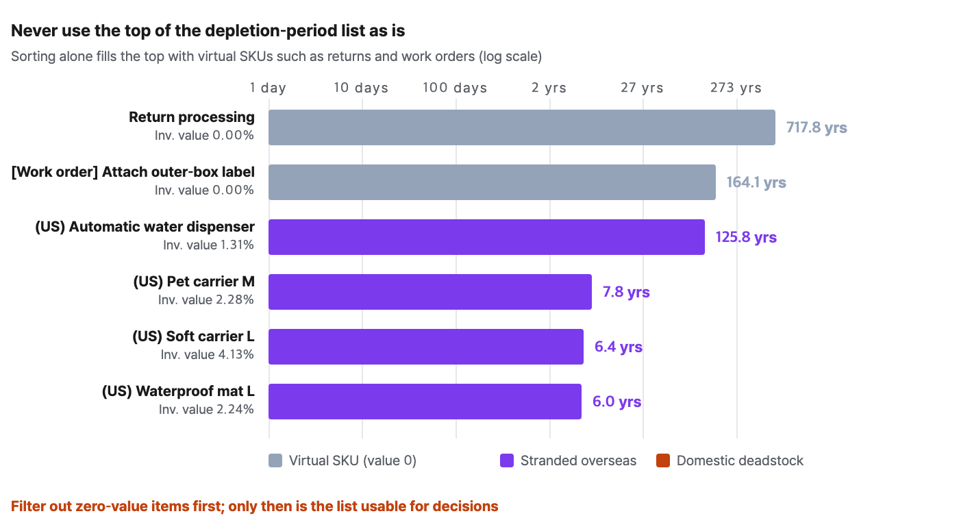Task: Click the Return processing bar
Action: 521,127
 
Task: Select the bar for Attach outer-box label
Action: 492,182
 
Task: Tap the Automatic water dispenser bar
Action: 486,237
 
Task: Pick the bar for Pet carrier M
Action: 430,292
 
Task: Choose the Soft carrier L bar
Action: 426,347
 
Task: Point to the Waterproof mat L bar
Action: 425,402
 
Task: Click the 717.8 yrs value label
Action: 817,127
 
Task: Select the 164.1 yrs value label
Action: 756,182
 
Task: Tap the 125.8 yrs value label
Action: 746,237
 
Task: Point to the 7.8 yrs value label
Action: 626,292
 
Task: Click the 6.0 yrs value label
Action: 616,402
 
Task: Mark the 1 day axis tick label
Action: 268,88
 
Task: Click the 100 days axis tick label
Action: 455,88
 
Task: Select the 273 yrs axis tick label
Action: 736,88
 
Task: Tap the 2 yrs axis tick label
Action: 549,88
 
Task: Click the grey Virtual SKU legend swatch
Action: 275,460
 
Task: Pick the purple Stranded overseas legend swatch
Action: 507,460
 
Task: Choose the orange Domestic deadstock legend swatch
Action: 663,460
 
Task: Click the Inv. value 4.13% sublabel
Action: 207,355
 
